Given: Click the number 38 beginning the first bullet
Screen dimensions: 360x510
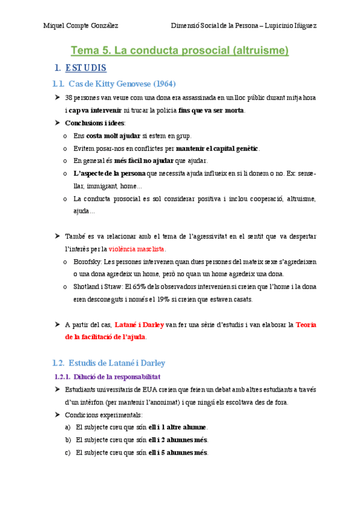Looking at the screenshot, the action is point(69,98).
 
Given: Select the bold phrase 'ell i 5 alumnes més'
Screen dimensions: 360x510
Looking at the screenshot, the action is point(178,452).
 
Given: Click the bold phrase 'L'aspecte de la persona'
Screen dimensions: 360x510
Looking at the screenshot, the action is point(109,173).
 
